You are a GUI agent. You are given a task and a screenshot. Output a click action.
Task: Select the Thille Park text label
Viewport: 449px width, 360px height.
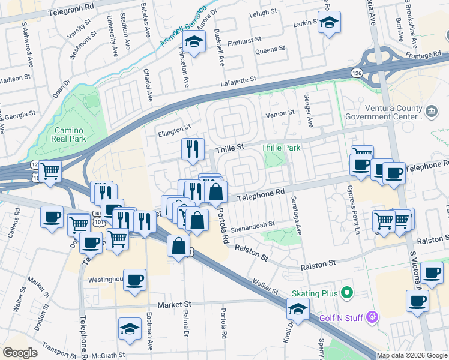tap(280, 147)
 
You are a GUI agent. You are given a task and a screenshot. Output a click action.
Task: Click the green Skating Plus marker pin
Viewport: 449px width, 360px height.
tap(346, 293)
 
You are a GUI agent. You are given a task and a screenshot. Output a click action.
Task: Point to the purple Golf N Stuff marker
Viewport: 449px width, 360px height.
tap(372, 315)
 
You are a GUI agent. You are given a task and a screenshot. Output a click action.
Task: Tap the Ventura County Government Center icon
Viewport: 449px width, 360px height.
tap(431, 112)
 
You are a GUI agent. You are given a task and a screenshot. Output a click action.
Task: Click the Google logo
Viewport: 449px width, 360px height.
tap(20, 353)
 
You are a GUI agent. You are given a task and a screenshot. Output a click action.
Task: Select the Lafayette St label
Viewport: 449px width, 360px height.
tap(238, 79)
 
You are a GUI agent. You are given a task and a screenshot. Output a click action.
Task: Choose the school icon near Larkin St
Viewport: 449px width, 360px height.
tap(328, 24)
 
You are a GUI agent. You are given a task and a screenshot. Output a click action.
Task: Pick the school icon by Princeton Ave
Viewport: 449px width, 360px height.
tap(193, 43)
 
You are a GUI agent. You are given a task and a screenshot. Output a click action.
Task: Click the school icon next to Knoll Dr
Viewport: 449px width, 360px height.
tap(298, 310)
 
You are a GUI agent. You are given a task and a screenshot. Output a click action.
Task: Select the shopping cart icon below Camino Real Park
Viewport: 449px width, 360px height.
tap(51, 171)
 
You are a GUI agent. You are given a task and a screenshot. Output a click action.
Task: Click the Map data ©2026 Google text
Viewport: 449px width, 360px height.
tap(411, 355)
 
